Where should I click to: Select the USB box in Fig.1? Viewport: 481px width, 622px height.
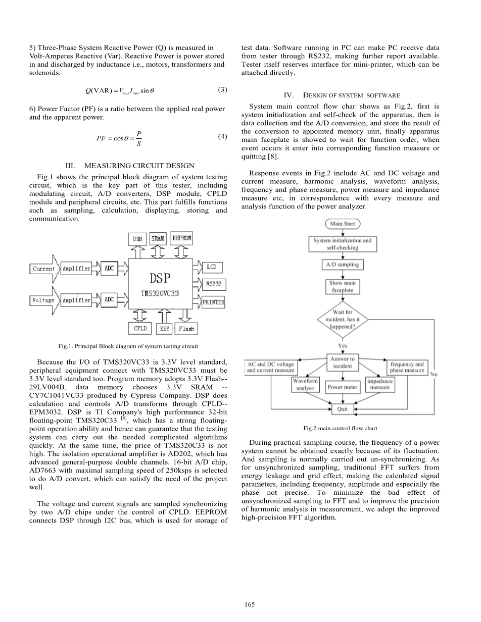(x=138, y=238)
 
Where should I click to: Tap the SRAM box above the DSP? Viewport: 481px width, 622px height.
(x=158, y=238)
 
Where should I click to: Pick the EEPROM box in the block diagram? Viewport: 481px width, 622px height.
(x=182, y=238)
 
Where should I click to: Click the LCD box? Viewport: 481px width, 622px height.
(x=212, y=267)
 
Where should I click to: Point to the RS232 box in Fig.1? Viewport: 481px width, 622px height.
(x=213, y=284)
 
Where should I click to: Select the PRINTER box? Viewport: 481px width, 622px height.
(x=213, y=302)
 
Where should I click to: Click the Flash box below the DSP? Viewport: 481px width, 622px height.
(x=186, y=329)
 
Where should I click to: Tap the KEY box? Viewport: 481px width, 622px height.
(x=165, y=329)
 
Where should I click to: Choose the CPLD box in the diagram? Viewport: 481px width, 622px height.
(x=140, y=328)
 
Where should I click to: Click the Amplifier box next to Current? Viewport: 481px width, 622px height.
(x=76, y=269)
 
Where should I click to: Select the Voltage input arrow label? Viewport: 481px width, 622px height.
(x=43, y=300)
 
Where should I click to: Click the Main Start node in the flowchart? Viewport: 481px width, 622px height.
(x=343, y=224)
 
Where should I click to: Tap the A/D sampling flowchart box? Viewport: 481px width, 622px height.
(x=343, y=265)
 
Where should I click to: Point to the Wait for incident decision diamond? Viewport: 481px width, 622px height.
(x=343, y=320)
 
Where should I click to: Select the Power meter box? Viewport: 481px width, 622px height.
(x=343, y=387)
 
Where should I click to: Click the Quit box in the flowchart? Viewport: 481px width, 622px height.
(x=343, y=409)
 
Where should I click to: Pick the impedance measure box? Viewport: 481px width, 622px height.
(x=379, y=385)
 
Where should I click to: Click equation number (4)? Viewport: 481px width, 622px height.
(x=222, y=137)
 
